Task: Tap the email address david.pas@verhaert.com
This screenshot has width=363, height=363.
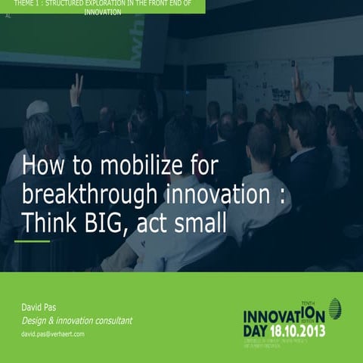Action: click(x=53, y=334)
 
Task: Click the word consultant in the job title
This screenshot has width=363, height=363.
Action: click(x=109, y=321)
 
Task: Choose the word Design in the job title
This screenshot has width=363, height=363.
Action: click(x=35, y=321)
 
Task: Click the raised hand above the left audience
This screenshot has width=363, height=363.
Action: click(x=76, y=90)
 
